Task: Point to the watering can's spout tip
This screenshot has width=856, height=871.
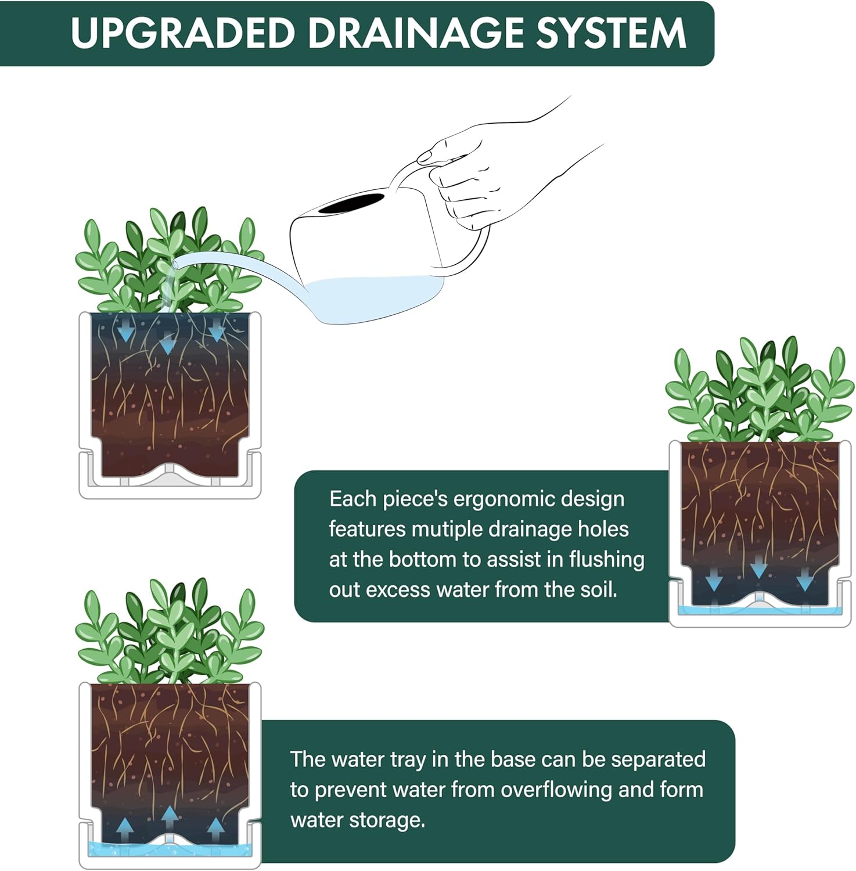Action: coord(176,264)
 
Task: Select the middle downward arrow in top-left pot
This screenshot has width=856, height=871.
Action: coord(167,344)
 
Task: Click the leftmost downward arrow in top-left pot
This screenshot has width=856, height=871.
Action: coord(125,332)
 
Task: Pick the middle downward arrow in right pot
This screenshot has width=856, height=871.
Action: coord(758,569)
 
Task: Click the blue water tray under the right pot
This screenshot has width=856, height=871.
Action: coord(761,610)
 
